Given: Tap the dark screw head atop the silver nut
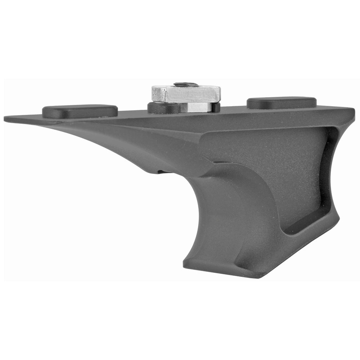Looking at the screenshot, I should (186, 85).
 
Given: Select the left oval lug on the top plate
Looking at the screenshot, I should (80, 111).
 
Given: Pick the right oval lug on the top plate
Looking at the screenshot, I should (282, 103).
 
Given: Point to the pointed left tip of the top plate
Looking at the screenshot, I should (6, 118).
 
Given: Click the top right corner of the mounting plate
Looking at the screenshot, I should (354, 109).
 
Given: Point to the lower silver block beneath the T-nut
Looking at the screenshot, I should (194, 107).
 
